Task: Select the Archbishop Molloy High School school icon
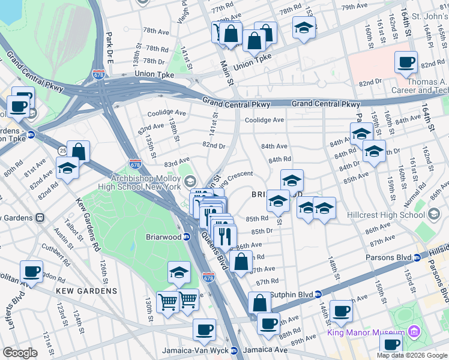tap(190, 181)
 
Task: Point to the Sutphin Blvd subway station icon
tap(318, 294)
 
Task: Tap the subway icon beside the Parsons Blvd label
tap(417, 259)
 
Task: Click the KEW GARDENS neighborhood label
tap(86, 291)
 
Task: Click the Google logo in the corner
tap(20, 353)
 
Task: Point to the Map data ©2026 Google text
tap(412, 355)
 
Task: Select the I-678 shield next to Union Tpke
tap(99, 74)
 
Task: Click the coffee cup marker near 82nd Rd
tap(406, 62)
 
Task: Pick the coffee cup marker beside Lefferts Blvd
tap(31, 272)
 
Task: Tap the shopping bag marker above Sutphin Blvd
tap(259, 303)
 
